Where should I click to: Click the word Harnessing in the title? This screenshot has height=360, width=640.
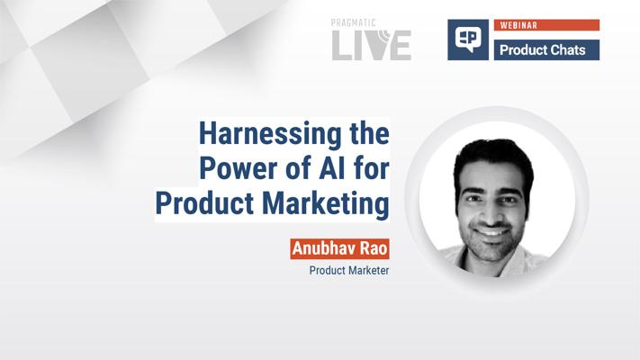click(x=270, y=135)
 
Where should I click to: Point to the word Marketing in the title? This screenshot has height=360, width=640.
click(x=325, y=204)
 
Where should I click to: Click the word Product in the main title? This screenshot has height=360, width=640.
click(x=204, y=202)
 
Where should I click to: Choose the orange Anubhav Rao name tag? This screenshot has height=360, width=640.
click(x=339, y=248)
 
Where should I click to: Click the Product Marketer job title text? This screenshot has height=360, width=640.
click(x=349, y=270)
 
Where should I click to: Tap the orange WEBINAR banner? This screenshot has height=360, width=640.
click(x=546, y=25)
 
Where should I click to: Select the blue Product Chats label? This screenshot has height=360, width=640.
click(x=546, y=49)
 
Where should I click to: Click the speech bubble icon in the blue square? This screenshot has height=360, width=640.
click(x=468, y=40)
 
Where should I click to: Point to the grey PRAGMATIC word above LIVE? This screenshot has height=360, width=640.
click(x=353, y=22)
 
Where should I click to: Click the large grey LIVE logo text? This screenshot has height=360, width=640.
click(x=372, y=45)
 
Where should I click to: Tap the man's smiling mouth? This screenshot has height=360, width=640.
click(x=491, y=231)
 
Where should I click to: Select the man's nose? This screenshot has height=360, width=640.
click(x=491, y=212)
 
